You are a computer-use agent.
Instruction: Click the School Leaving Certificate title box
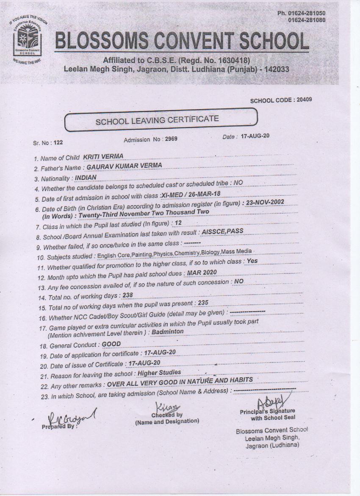(x=161, y=120)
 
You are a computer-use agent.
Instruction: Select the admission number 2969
(x=171, y=139)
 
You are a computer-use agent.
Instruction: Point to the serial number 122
(x=58, y=143)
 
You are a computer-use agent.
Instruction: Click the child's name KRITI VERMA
(x=103, y=156)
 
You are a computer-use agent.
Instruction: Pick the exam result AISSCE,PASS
(x=223, y=232)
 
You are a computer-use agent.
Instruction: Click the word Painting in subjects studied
(x=142, y=254)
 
